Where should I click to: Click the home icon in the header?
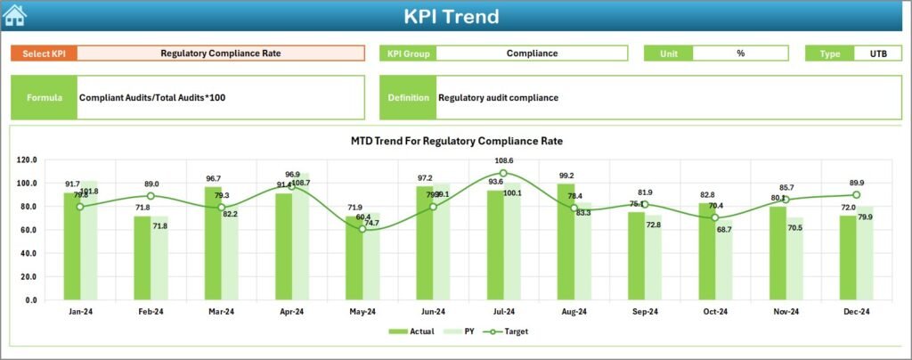coord(15,15)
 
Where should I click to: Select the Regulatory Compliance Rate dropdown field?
coord(221,53)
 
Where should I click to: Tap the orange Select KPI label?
coord(44,53)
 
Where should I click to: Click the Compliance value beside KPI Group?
coord(532,53)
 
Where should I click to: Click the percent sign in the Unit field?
coord(740,53)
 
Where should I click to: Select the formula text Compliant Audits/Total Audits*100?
coord(152,97)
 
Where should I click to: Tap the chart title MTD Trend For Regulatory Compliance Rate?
coord(457,141)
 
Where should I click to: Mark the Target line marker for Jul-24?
coord(503,173)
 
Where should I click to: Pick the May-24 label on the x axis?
coord(362,312)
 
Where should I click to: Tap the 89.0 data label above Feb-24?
coord(151,184)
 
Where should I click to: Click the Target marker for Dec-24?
coord(856,194)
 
